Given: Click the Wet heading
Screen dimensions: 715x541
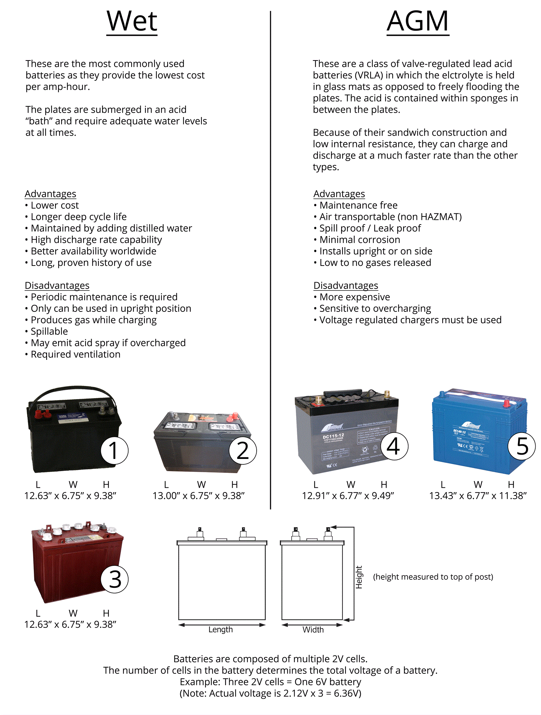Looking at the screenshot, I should coord(132,21).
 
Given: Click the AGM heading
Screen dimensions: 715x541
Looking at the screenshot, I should coord(418,21).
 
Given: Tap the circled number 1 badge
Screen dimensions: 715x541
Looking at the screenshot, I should coord(114,451).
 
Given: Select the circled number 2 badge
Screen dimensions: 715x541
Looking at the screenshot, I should coord(242,451).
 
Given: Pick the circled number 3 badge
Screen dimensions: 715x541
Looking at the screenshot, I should coord(115,579).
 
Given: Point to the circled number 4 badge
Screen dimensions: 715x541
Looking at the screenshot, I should coord(394,446).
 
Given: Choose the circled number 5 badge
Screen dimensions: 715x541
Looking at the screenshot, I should coord(522,446).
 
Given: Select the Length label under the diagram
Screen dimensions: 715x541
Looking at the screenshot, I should coord(220,629).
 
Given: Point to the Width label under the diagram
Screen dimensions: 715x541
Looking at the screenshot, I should coord(313,630).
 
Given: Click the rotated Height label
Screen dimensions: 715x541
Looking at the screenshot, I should coord(359,577).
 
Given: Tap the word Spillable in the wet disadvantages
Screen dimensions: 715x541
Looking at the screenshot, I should coord(49,331).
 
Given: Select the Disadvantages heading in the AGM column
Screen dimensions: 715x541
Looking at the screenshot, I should coord(346,286).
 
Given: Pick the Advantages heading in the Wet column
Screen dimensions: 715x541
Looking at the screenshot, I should coord(50,194).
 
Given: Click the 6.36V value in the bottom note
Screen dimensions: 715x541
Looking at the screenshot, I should coord(347,693).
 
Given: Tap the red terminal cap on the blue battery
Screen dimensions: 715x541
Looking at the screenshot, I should coord(507,403).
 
